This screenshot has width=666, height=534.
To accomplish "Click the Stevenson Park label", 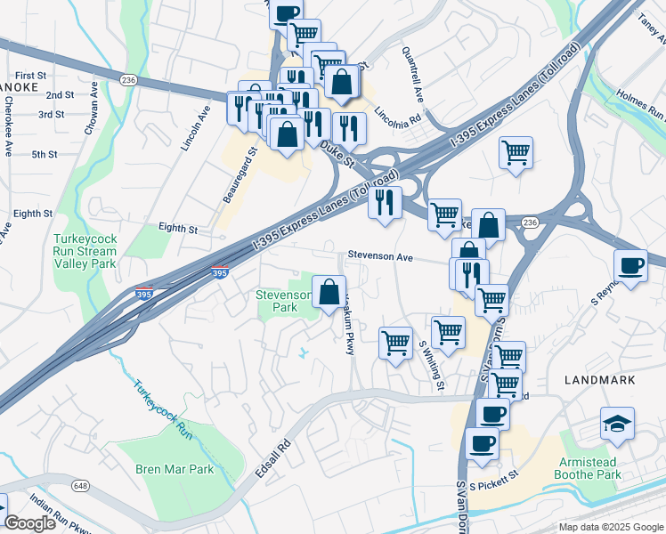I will coord(283,300).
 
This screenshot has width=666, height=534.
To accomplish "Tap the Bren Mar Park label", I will coord(175,469).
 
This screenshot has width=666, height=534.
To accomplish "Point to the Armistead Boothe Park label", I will coord(589,468).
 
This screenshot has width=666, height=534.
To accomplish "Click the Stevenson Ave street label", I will coord(380,256).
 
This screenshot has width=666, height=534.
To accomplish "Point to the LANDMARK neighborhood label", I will coord(600,380).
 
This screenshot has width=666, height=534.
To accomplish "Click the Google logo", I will coord(29,523).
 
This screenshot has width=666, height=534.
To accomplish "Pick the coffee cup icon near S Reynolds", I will coord(631,265).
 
